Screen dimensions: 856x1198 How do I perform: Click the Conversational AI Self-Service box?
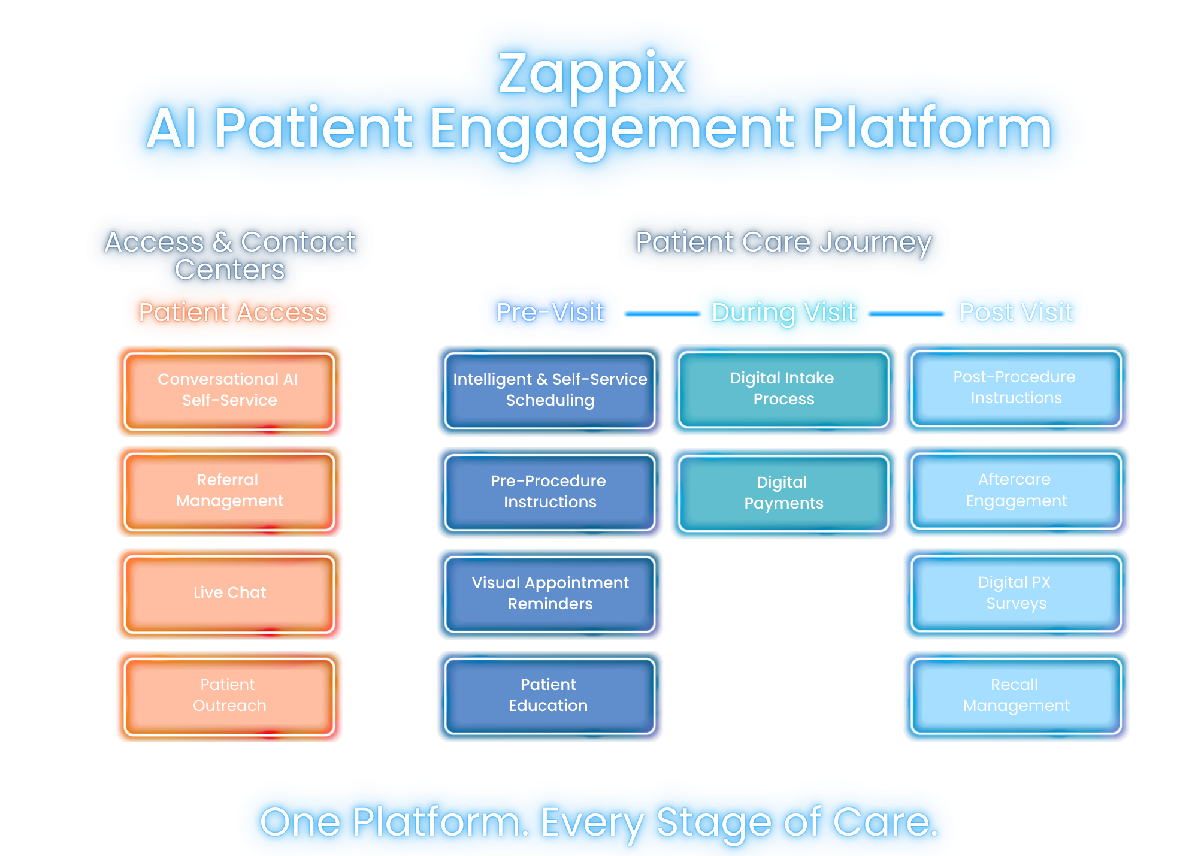(x=229, y=390)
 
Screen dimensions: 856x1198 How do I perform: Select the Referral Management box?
(x=229, y=491)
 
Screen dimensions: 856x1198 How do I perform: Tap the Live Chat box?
(x=229, y=593)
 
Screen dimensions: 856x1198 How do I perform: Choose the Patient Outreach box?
(x=229, y=695)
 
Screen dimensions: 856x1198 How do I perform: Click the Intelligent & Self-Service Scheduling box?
(x=550, y=390)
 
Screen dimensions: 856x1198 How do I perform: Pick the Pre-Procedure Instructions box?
(x=550, y=492)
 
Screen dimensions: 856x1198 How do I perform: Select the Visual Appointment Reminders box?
(x=550, y=594)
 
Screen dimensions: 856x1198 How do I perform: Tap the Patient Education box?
(x=550, y=695)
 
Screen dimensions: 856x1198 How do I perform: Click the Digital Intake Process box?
(x=783, y=389)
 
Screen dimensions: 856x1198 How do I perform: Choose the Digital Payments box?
(x=783, y=493)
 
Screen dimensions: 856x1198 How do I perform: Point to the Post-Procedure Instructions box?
(x=1016, y=388)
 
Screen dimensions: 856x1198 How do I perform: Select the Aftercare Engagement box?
(x=1016, y=491)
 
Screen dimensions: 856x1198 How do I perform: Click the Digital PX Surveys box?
(x=1016, y=593)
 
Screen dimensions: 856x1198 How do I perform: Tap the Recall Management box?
(x=1016, y=695)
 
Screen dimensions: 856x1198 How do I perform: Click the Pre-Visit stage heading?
(x=550, y=313)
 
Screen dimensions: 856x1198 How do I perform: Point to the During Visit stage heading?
(x=783, y=313)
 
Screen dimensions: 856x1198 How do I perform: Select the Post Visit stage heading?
(x=1016, y=313)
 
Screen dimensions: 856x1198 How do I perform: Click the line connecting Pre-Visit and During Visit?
(x=662, y=313)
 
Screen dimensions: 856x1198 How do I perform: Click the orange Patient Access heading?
(x=233, y=313)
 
